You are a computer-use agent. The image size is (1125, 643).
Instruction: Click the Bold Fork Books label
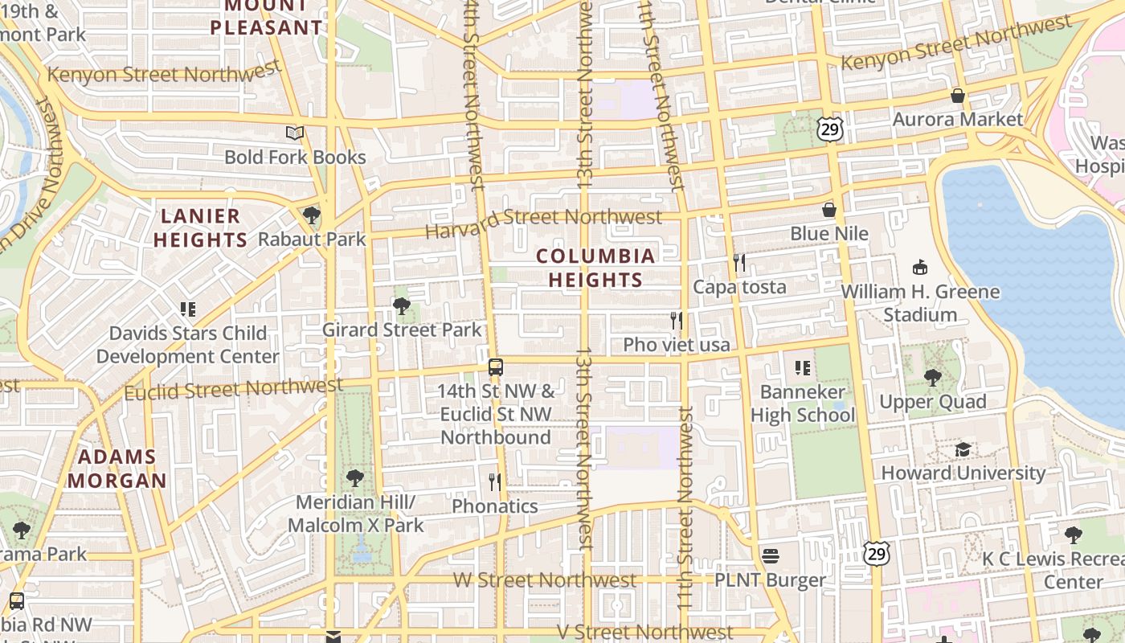click(295, 158)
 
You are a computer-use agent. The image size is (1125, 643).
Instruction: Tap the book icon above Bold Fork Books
click(295, 133)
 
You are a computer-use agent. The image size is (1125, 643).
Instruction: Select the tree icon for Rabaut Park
click(312, 215)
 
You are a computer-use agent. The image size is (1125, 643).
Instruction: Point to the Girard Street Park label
click(402, 330)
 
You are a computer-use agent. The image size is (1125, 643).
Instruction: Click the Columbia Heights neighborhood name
click(595, 268)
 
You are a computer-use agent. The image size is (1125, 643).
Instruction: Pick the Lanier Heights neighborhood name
click(200, 227)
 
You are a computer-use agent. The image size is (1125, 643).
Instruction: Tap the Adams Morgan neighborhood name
click(117, 469)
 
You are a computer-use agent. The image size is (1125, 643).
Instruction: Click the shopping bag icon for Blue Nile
click(829, 210)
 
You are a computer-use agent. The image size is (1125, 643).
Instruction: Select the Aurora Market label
click(958, 120)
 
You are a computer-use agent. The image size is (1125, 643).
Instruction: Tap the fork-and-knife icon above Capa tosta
click(739, 262)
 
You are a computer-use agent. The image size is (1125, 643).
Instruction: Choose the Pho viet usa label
click(677, 345)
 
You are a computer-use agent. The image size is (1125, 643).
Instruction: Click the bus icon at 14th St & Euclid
click(496, 367)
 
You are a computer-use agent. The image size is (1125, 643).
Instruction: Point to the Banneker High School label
click(803, 403)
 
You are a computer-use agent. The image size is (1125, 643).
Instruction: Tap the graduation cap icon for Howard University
click(963, 449)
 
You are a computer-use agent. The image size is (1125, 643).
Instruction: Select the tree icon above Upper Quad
click(932, 377)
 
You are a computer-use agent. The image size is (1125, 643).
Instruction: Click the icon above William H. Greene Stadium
click(920, 267)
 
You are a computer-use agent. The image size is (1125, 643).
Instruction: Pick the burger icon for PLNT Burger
click(770, 555)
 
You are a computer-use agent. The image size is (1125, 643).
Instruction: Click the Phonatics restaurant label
click(495, 506)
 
